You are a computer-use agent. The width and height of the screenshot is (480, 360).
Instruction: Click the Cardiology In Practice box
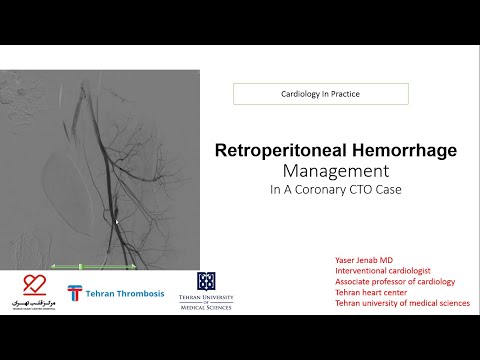320,94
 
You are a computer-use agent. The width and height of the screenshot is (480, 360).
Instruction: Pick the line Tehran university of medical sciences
402,303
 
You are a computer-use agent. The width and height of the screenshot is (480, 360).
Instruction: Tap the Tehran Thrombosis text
127,293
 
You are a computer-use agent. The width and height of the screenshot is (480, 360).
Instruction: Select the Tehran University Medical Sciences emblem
206,282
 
